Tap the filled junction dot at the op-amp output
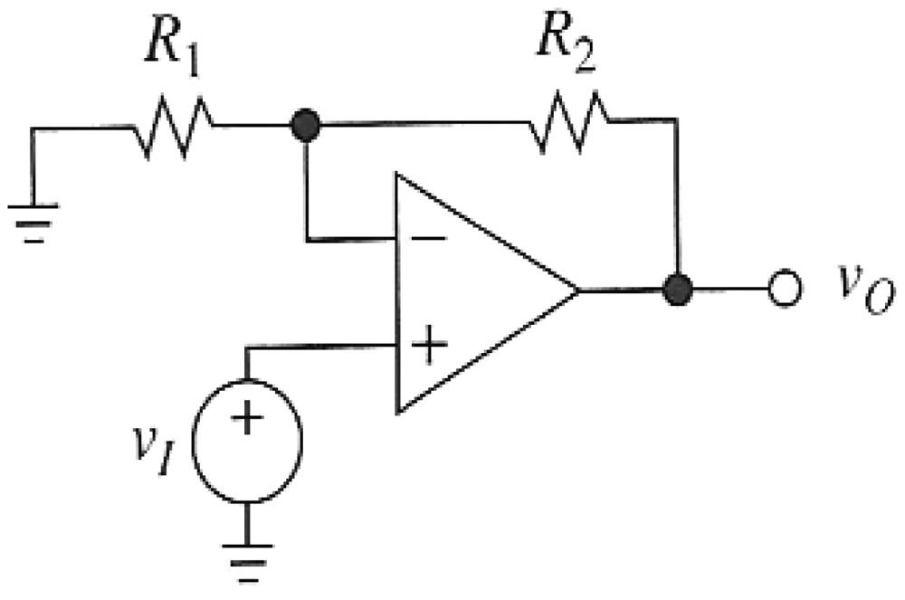pyautogui.click(x=677, y=290)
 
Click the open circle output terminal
pyautogui.click(x=784, y=290)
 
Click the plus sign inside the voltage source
pyautogui.click(x=246, y=417)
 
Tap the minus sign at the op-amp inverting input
pyautogui.click(x=433, y=239)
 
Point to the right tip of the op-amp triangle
pyautogui.click(x=576, y=291)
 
